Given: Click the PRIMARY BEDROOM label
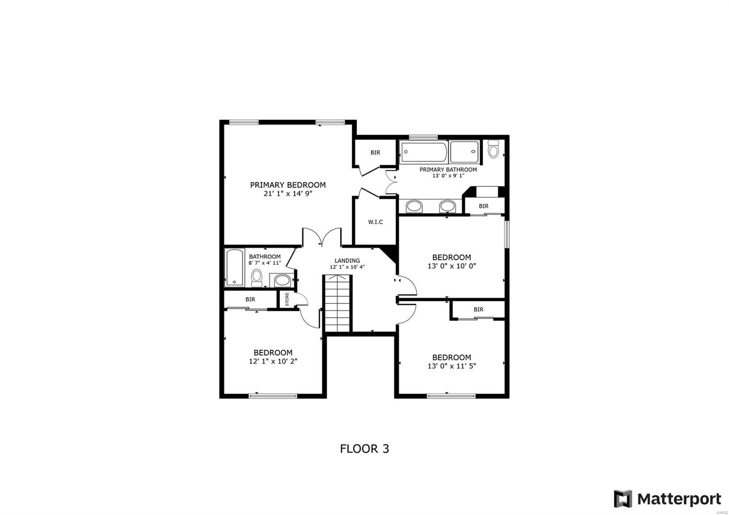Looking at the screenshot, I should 287,185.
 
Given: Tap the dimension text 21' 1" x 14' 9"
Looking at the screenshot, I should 287,193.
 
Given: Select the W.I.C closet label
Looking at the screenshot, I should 375,222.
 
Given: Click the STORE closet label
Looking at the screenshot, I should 287,299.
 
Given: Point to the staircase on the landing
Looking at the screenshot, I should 338,304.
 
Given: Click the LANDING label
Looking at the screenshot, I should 347,261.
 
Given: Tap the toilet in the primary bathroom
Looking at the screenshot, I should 493,149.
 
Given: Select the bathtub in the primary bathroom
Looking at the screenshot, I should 424,152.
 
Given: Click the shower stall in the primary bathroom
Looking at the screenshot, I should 464,152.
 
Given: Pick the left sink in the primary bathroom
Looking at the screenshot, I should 414,206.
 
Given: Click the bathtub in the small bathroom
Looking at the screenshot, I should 235,268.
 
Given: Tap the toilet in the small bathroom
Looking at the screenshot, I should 257,277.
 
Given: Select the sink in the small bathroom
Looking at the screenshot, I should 283,280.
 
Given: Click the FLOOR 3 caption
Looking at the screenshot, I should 364,448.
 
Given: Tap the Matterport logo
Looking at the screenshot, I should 667,499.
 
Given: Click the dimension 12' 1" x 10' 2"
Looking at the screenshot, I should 273,361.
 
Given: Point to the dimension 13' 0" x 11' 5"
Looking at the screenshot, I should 452,366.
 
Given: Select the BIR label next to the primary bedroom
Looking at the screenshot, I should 375,153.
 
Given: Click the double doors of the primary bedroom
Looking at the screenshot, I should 322,237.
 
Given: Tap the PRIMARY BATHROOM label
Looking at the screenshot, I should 448,170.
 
